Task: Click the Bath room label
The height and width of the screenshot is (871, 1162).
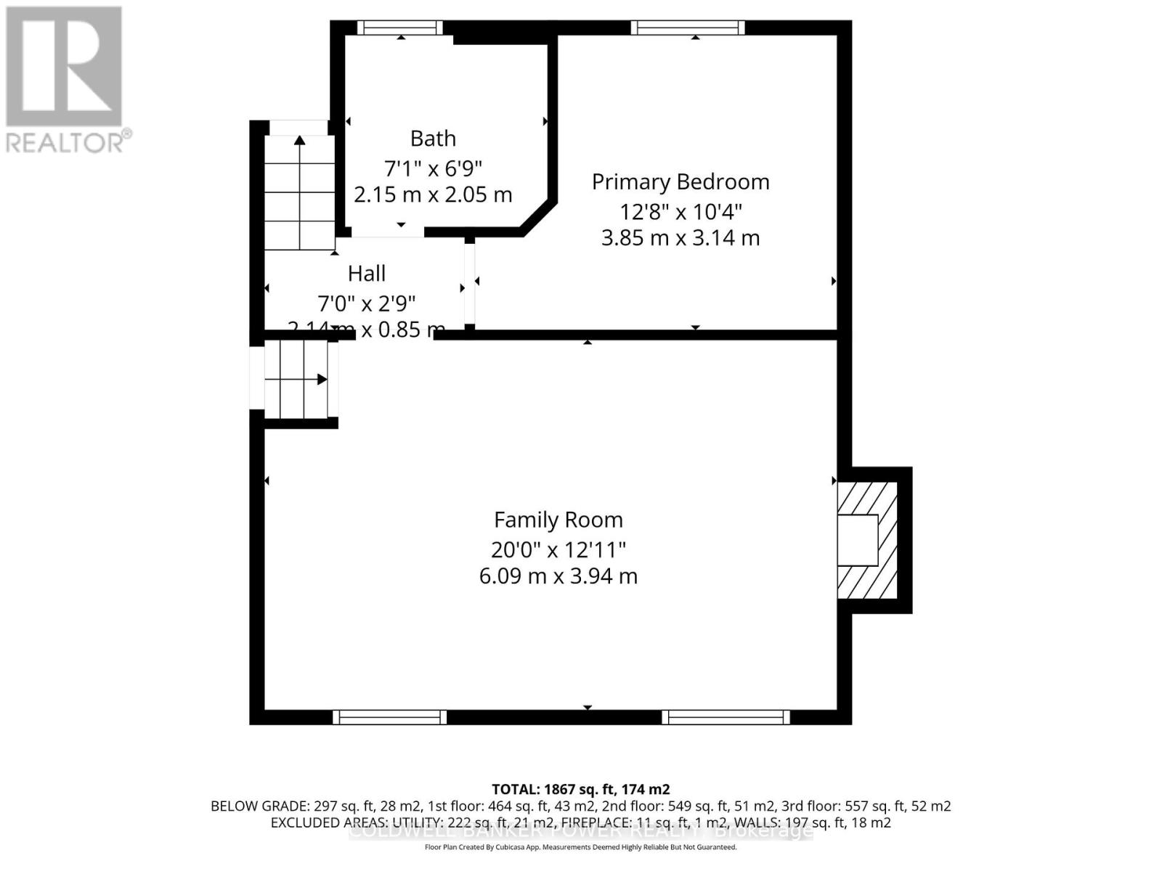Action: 433,138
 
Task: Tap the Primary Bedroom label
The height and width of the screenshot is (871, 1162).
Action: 680,181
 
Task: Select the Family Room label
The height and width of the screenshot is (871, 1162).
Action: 558,520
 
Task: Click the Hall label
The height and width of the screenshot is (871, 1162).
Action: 366,274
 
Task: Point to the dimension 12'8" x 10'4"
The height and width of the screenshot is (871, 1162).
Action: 680,212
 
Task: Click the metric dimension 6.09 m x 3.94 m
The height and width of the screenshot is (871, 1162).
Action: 558,576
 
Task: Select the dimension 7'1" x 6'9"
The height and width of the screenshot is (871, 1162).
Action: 433,168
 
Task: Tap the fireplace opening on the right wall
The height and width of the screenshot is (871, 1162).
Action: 858,540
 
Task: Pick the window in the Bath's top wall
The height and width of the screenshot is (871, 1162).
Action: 399,28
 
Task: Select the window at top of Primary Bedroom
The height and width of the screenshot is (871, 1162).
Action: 687,28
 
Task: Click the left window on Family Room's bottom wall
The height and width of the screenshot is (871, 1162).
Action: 389,717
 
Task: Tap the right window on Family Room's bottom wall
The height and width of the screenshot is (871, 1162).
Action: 726,717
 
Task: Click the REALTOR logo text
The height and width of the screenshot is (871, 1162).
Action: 69,142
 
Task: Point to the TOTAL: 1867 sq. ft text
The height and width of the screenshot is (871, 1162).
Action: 580,789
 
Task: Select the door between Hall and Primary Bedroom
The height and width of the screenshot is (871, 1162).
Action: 470,283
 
